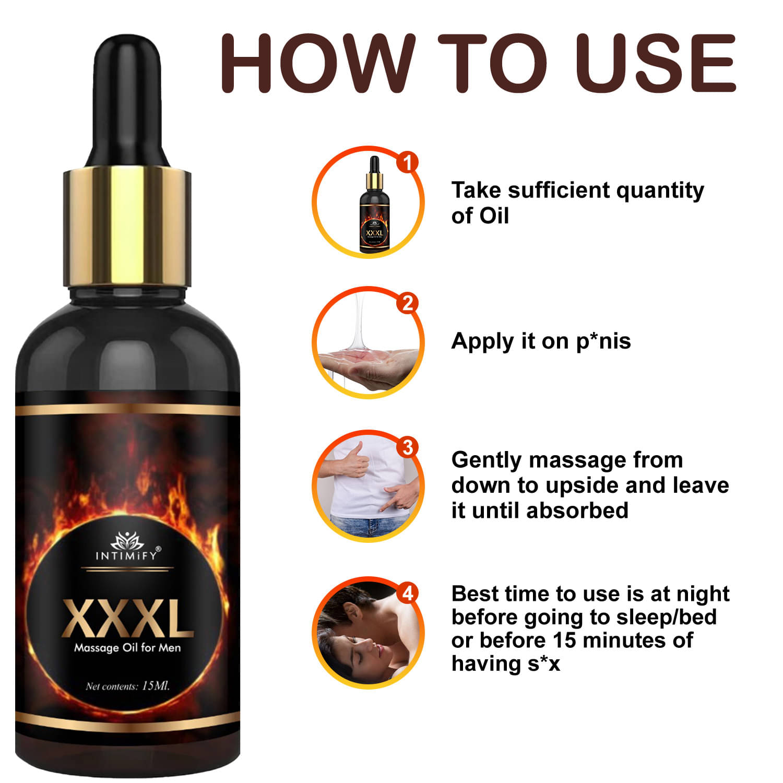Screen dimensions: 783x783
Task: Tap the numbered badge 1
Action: tap(408, 162)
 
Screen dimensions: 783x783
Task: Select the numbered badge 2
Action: tap(408, 303)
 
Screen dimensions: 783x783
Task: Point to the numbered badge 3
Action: tap(408, 447)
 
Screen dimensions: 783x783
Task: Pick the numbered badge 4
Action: tap(408, 594)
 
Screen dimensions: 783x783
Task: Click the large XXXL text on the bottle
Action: tap(128, 620)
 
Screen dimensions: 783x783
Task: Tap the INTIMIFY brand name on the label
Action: tap(126, 555)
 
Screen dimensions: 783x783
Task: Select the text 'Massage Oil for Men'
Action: tap(127, 648)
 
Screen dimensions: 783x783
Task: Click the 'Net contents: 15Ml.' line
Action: tap(128, 686)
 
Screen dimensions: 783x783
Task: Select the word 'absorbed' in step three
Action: tap(577, 510)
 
